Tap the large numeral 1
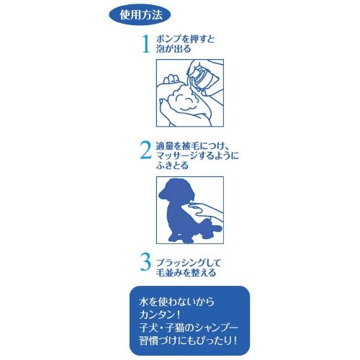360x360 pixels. [x=146, y=44]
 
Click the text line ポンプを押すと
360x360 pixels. [x=185, y=39]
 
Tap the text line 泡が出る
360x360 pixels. [x=174, y=50]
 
